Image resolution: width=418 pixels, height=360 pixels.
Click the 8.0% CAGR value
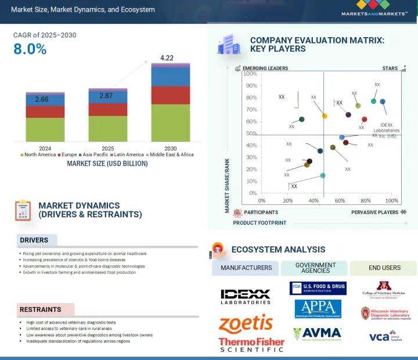30,49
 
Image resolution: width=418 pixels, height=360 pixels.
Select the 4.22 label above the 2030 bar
167,57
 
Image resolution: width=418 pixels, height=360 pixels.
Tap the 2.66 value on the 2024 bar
42,99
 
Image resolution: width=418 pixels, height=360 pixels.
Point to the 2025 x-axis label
107,148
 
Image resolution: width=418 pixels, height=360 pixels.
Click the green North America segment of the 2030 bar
170,123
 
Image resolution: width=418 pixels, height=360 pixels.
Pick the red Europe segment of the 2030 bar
170,95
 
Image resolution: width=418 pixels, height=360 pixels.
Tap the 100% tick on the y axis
250,74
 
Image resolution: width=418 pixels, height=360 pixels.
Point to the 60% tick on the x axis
340,200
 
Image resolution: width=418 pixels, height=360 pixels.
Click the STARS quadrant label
390,69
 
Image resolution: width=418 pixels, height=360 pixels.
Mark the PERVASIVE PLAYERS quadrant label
374,213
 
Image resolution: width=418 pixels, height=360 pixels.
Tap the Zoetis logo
246,323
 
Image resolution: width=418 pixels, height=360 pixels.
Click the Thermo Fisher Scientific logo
251,345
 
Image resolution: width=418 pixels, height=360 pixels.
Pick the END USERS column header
384,268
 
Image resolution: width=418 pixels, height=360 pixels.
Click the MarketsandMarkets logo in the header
374,8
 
